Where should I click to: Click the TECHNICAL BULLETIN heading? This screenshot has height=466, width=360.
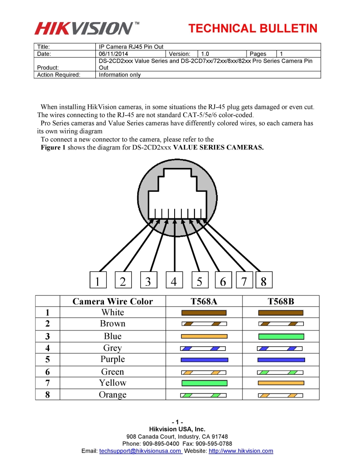pyautogui.click(x=253, y=29)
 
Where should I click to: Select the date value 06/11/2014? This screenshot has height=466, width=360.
pyautogui.click(x=112, y=54)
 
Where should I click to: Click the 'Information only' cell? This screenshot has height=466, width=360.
pyautogui.click(x=120, y=75)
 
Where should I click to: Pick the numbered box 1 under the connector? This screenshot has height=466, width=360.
pyautogui.click(x=97, y=281)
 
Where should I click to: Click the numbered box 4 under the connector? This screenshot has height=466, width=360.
pyautogui.click(x=174, y=281)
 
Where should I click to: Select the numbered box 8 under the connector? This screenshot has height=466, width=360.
pyautogui.click(x=263, y=281)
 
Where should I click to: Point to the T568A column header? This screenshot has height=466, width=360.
pyautogui.click(x=204, y=301)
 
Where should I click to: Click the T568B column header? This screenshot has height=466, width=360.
pyautogui.click(x=280, y=301)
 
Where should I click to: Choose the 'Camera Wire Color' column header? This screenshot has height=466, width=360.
pyautogui.click(x=112, y=301)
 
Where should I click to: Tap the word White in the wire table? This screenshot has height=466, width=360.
pyautogui.click(x=112, y=312)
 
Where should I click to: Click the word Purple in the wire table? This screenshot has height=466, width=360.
pyautogui.click(x=112, y=359)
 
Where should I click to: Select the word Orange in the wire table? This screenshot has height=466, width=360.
pyautogui.click(x=112, y=395)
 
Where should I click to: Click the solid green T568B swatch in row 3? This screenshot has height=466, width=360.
pyautogui.click(x=281, y=336)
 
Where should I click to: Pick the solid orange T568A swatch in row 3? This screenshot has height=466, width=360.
pyautogui.click(x=204, y=336)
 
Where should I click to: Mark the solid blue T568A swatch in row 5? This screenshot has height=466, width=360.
pyautogui.click(x=204, y=360)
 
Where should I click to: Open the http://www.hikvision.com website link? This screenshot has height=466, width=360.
pyautogui.click(x=241, y=451)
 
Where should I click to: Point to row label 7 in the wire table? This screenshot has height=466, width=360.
pyautogui.click(x=47, y=383)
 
